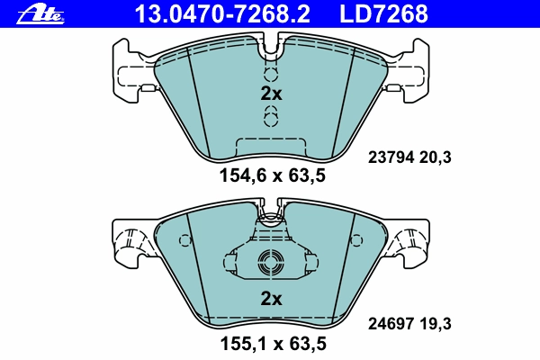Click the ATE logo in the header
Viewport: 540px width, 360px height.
click(40, 14)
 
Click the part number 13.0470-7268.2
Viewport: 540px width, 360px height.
click(222, 13)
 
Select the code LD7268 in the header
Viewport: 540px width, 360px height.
click(383, 13)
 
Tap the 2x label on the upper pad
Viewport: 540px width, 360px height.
click(271, 94)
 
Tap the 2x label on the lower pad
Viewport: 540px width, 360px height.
click(271, 298)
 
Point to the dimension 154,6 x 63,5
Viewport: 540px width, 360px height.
click(273, 175)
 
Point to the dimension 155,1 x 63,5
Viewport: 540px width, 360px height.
click(273, 344)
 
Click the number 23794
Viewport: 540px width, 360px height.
click(391, 157)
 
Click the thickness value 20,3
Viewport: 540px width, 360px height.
click(436, 157)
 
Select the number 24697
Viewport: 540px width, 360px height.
click(391, 324)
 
